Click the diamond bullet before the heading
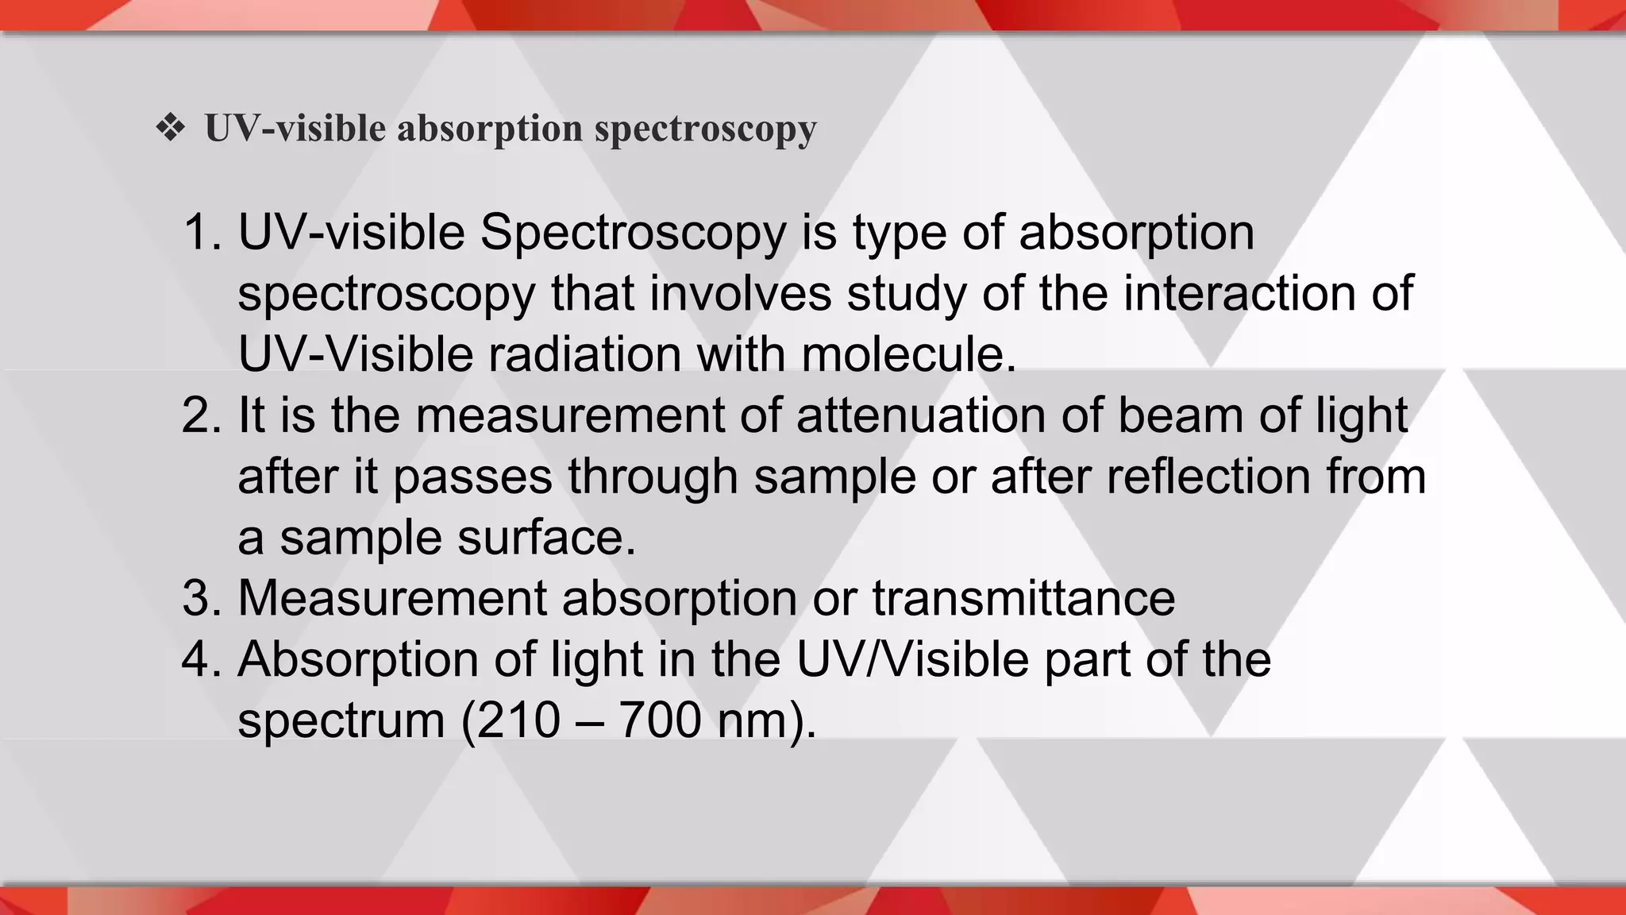[171, 127]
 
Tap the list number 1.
[202, 233]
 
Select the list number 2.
[202, 415]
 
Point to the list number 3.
[202, 598]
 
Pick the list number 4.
[202, 659]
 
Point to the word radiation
[584, 354]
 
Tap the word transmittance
[1023, 598]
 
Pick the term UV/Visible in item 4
[912, 659]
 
